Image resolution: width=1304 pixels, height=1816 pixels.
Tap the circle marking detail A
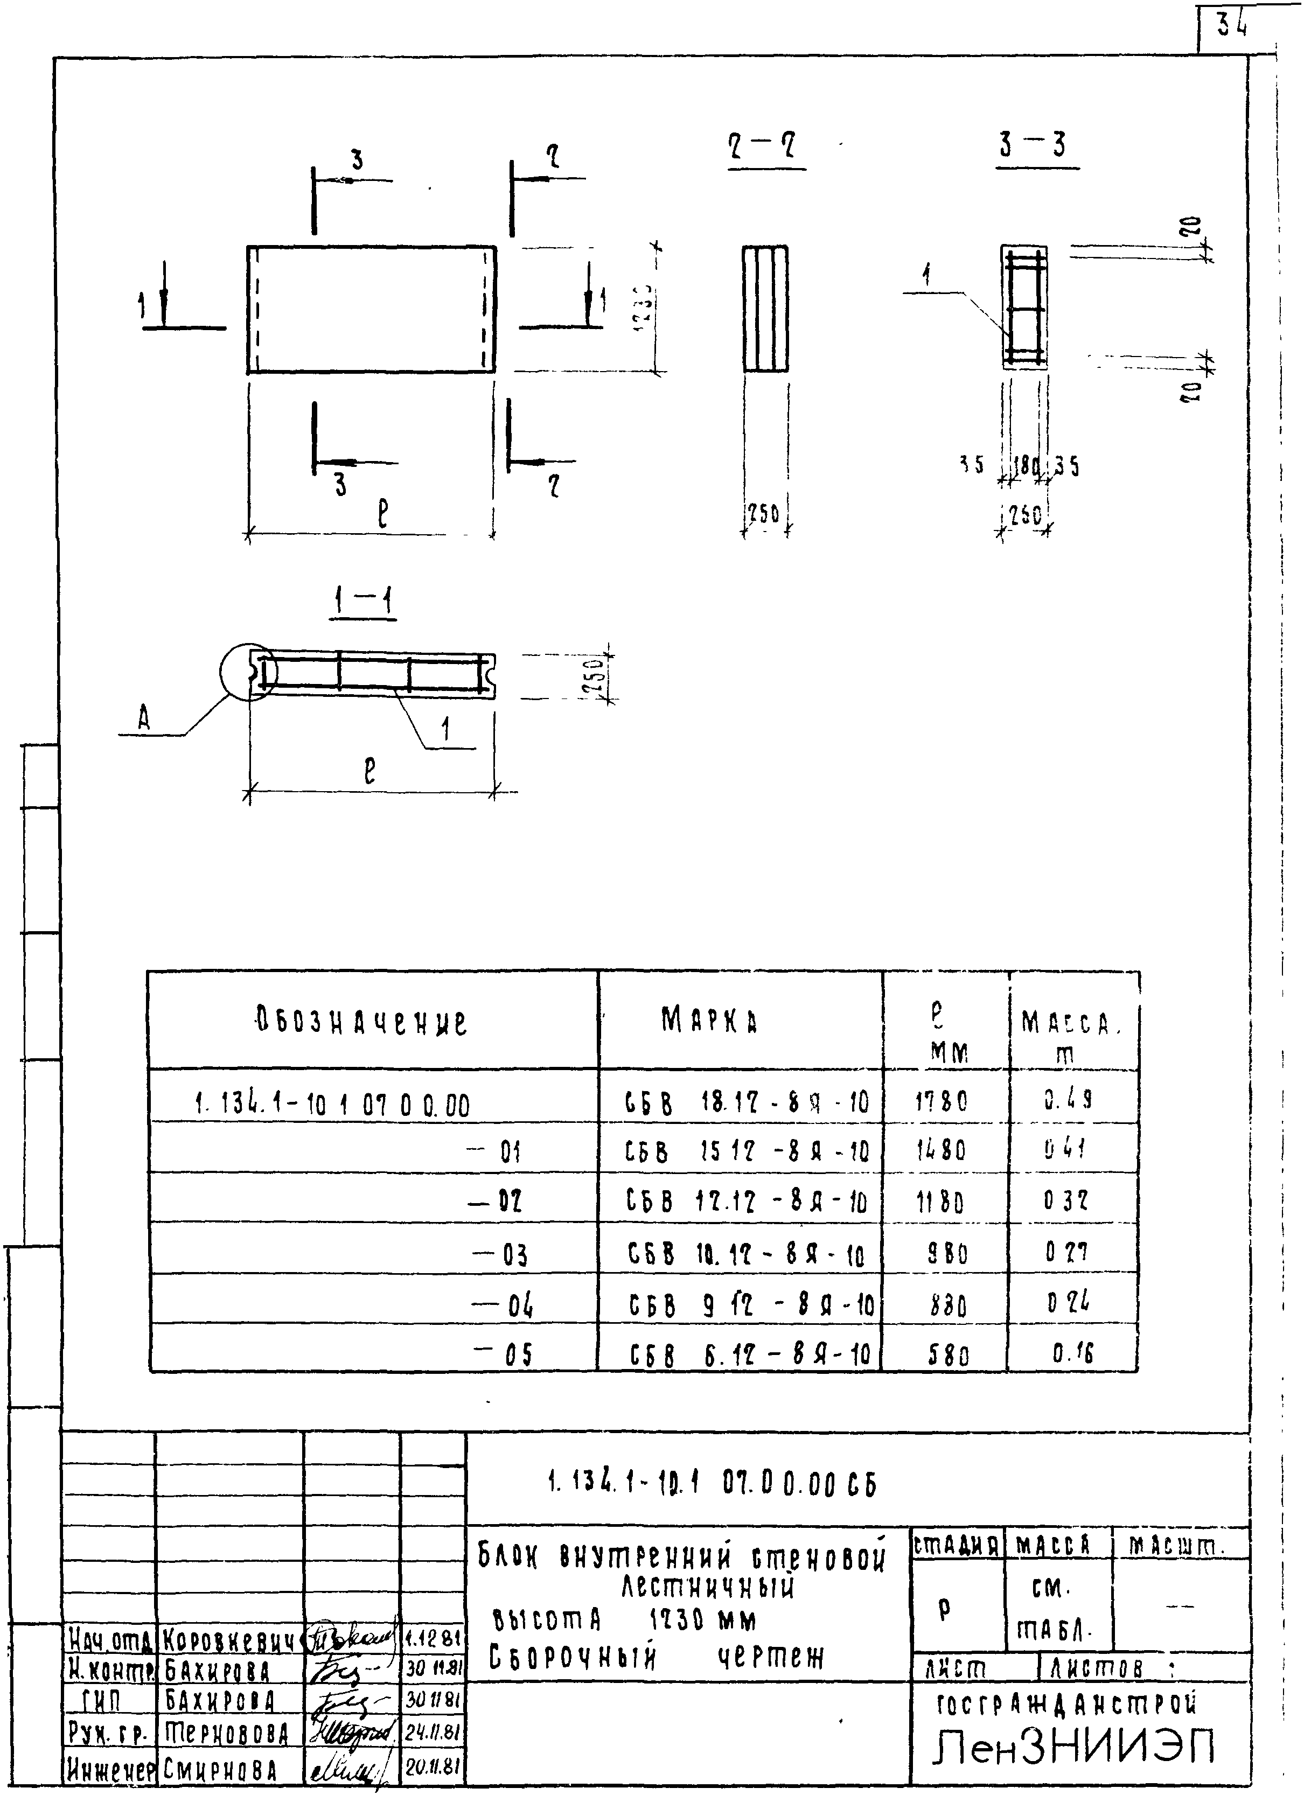pos(248,671)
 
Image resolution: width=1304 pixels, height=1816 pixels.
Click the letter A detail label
pos(143,721)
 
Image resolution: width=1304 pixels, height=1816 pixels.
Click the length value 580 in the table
pos(947,1355)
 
